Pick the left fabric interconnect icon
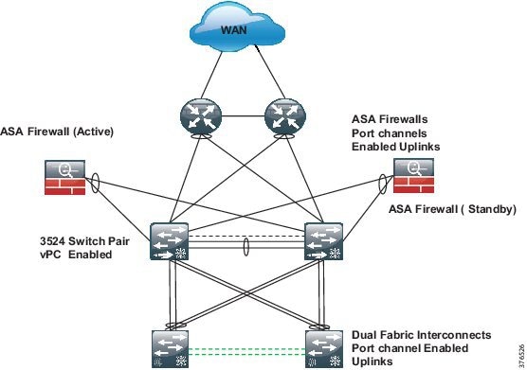(x=170, y=346)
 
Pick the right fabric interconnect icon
(x=321, y=346)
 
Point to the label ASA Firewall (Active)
(x=57, y=132)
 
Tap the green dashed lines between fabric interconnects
(x=245, y=350)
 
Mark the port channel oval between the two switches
(x=245, y=248)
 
